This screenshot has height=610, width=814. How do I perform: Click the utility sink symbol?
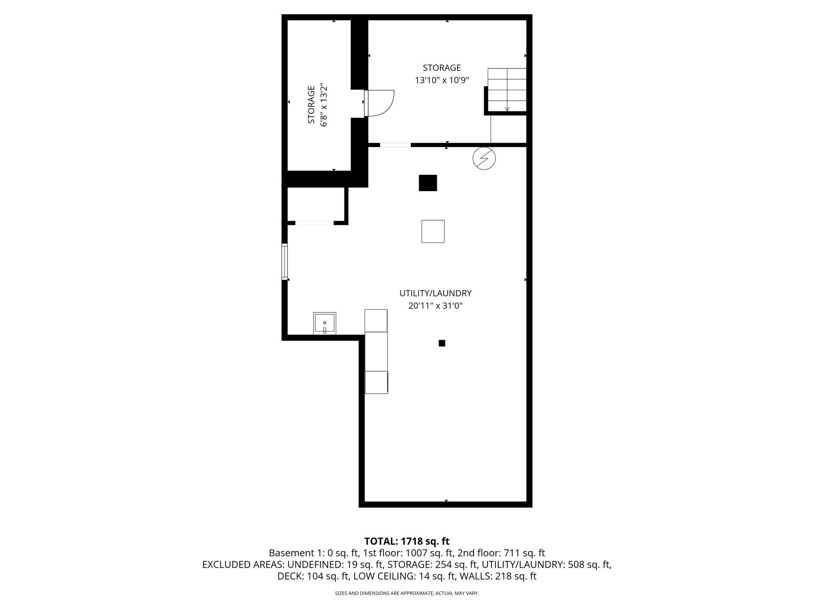tap(324, 323)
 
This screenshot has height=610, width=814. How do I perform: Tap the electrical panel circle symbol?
tap(484, 158)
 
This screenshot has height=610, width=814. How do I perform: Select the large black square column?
tap(428, 183)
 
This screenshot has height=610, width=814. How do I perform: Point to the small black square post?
tap(442, 343)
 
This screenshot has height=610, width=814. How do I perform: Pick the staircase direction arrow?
tap(507, 109)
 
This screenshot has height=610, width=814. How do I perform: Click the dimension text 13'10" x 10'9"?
tap(442, 81)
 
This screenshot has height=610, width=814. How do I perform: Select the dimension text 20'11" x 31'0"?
tap(435, 306)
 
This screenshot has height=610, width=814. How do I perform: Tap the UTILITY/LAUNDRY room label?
tap(435, 293)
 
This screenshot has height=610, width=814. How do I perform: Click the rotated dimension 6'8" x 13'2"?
tap(323, 104)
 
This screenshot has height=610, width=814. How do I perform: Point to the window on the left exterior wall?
tap(285, 261)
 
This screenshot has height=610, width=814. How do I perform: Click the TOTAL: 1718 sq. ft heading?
tap(407, 541)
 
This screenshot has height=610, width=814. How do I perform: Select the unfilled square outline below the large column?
tap(433, 231)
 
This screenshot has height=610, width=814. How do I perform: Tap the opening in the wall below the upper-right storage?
tap(395, 145)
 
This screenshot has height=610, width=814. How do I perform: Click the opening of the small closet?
tap(314, 223)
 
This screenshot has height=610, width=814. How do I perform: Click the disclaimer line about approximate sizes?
tap(407, 593)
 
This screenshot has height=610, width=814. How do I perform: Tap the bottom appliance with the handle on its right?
tap(376, 382)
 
